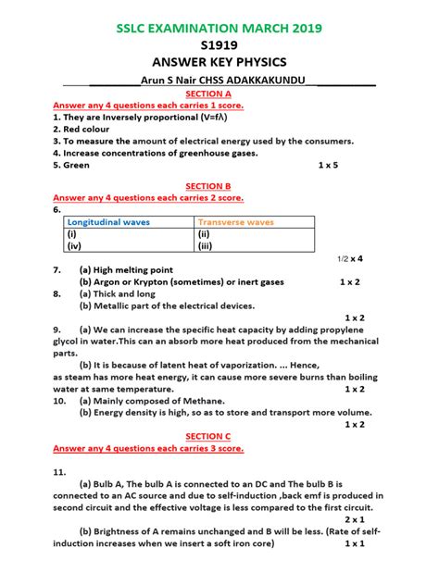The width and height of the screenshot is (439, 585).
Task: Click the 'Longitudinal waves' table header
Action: pyautogui.click(x=108, y=222)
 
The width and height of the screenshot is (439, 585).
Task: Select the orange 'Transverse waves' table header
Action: pyautogui.click(x=235, y=222)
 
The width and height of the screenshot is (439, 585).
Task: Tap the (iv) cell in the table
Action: pyautogui.click(x=74, y=246)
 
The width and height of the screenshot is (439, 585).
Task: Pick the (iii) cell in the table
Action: pyautogui.click(x=206, y=246)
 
